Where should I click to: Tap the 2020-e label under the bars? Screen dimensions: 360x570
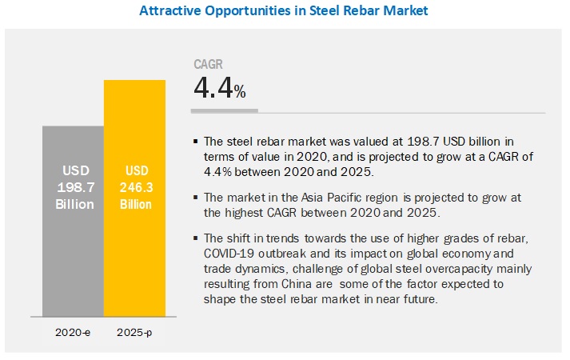(x=73, y=330)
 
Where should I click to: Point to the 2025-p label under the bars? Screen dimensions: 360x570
(x=134, y=330)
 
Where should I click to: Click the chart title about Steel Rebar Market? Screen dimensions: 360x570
(x=285, y=10)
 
